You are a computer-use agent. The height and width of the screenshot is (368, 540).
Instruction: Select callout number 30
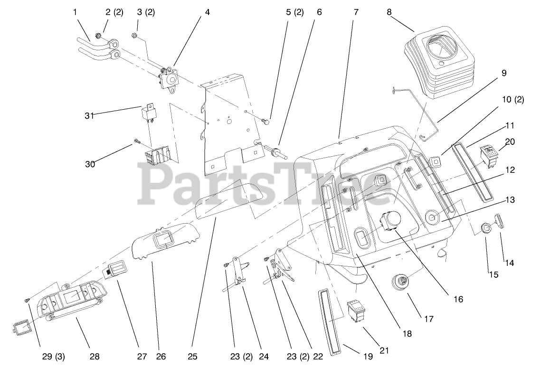coord(90,164)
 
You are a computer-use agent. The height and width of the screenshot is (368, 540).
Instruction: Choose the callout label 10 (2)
coord(512,100)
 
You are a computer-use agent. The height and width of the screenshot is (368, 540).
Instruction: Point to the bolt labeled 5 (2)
coord(266,122)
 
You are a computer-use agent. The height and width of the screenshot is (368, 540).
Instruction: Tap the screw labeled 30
coord(137,141)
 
